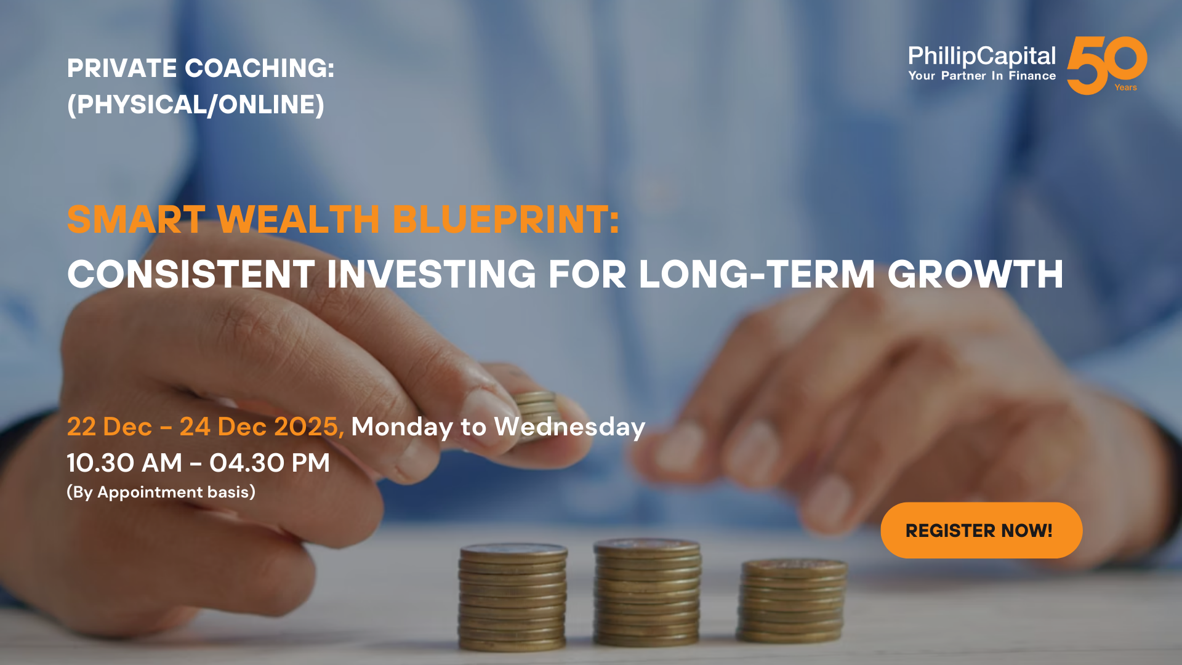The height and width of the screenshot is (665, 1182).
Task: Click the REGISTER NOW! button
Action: pyautogui.click(x=981, y=530)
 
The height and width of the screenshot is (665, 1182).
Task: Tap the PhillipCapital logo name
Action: pyautogui.click(x=982, y=56)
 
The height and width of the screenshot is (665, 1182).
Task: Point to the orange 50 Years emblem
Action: pyautogui.click(x=1107, y=65)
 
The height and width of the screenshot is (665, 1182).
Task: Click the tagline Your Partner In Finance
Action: pyautogui.click(x=982, y=76)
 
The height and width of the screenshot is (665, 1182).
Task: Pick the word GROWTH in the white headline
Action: pyautogui.click(x=975, y=274)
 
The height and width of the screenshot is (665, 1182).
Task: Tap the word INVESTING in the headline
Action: pyautogui.click(x=432, y=274)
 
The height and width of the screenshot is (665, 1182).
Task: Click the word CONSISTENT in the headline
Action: pyautogui.click(x=191, y=274)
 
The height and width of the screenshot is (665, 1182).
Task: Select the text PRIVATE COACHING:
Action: pyautogui.click(x=201, y=68)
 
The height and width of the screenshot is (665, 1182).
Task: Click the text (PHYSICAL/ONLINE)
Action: pyautogui.click(x=196, y=105)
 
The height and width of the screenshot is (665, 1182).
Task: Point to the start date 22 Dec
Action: pyautogui.click(x=110, y=427)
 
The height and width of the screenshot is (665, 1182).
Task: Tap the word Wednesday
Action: pyautogui.click(x=569, y=427)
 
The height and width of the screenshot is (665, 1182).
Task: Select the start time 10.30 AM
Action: pyautogui.click(x=125, y=463)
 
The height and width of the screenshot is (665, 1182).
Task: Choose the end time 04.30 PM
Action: pyautogui.click(x=270, y=463)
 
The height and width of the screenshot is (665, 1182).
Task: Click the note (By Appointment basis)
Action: pyautogui.click(x=161, y=492)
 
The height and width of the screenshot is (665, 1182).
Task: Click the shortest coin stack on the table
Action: pyautogui.click(x=792, y=601)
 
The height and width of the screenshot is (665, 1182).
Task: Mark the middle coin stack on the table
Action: pyautogui.click(x=647, y=592)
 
